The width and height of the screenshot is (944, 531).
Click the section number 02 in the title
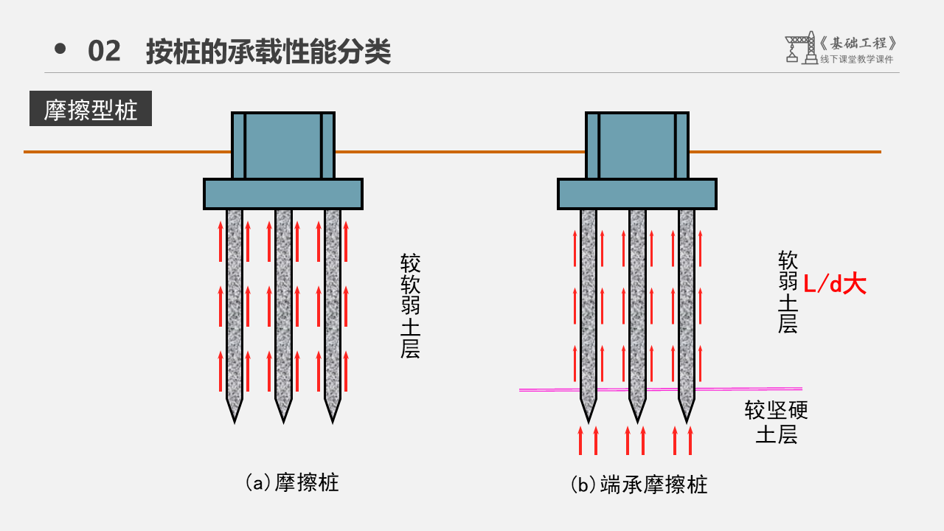point(104,52)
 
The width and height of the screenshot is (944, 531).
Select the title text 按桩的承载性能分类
point(268,52)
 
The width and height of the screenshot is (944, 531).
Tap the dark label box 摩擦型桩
point(91,109)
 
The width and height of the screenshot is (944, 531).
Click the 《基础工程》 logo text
point(858,43)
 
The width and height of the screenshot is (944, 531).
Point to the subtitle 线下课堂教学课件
point(856,60)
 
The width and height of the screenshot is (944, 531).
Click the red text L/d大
point(834,284)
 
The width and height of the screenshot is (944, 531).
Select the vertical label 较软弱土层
point(410,306)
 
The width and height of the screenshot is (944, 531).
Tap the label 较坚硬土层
point(776,422)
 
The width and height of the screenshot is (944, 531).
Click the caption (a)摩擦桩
point(292,483)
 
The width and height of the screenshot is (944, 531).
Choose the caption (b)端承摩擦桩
point(639,485)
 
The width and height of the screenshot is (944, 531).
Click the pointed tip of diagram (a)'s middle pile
point(283,418)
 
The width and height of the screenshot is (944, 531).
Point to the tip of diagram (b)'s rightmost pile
point(687,418)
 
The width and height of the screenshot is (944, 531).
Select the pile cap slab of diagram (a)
point(283,194)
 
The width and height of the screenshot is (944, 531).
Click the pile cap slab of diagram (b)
point(637,194)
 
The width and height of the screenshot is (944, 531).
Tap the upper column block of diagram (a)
point(283,145)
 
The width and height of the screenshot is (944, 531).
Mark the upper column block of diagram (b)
point(637,145)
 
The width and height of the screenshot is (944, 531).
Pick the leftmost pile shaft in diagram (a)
point(235,302)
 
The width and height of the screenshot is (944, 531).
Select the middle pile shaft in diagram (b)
point(637,302)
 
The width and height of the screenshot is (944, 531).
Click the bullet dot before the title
point(60,49)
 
